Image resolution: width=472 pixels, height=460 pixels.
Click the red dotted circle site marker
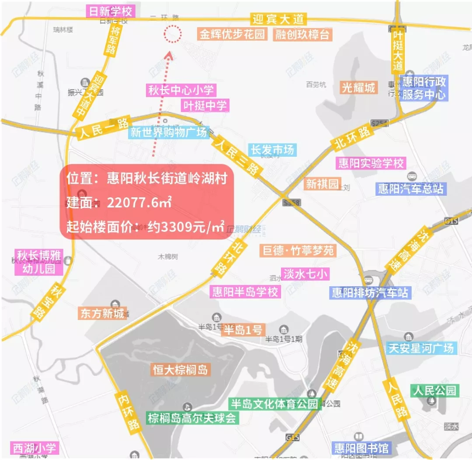tap(172, 34)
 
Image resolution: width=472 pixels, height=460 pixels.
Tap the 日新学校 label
tap(110, 11)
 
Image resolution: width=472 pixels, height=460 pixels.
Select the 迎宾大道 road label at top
tap(278, 19)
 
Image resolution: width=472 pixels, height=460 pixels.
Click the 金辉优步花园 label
tap(233, 35)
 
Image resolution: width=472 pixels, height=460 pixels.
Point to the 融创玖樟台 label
tap(302, 35)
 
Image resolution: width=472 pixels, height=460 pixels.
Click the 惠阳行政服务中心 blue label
tap(423, 88)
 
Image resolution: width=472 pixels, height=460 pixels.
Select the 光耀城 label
tap(359, 88)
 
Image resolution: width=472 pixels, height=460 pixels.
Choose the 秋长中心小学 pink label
tap(181, 91)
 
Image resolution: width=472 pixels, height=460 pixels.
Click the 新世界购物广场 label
tap(168, 132)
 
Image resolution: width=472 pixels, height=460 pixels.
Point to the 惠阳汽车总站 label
tap(411, 189)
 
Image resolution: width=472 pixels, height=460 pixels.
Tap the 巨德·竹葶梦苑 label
tap(298, 250)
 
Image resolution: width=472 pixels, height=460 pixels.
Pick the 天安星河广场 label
tap(421, 348)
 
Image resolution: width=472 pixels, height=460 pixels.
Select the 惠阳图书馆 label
tap(361, 448)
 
